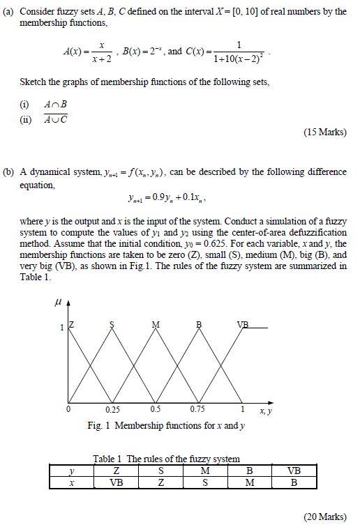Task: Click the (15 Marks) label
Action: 325,132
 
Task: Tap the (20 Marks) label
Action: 325,517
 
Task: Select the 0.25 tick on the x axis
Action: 112,409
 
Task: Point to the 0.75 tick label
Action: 198,409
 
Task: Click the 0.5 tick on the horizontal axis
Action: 155,409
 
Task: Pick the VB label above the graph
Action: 243,325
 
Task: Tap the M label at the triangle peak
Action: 156,325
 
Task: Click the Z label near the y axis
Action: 72,326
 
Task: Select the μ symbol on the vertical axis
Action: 57,303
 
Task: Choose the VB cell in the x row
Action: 117,482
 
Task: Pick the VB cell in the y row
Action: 294,471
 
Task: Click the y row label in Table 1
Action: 71,471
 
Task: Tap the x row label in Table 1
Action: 71,482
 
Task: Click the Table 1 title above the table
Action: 167,459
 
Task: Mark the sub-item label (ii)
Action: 26,119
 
